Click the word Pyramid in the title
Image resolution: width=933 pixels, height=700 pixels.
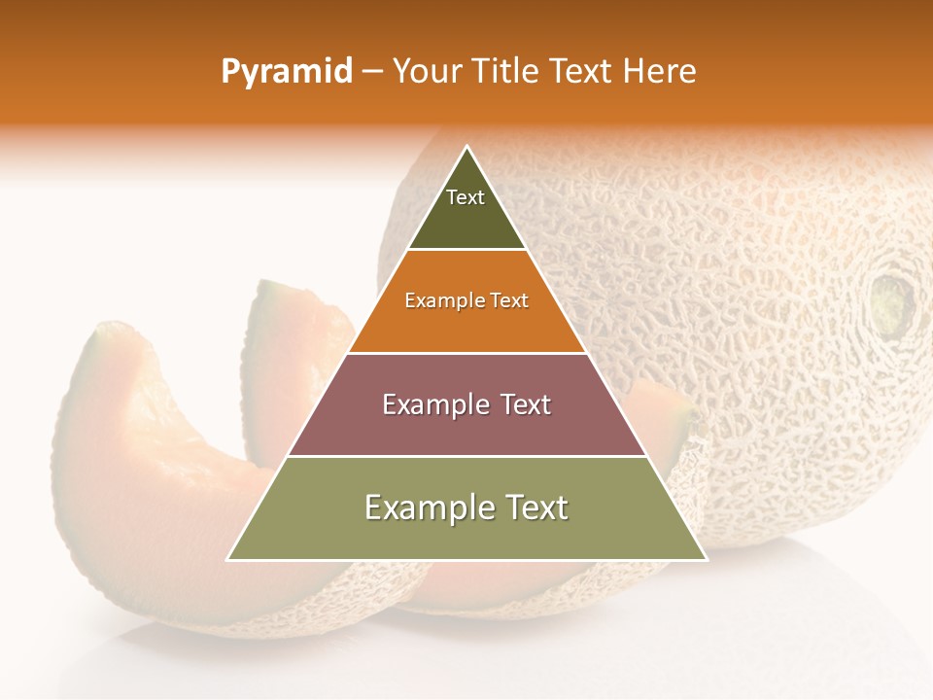click(287, 72)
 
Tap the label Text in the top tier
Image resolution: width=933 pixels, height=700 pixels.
click(466, 198)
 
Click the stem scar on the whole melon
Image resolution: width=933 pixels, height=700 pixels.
click(892, 301)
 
